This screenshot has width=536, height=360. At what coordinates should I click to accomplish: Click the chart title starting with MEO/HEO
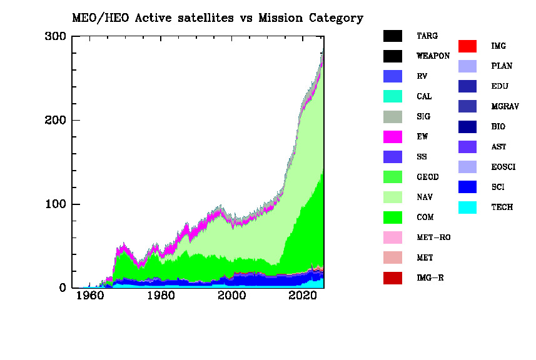click(x=216, y=18)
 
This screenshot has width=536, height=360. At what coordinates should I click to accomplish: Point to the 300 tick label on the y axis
click(x=56, y=36)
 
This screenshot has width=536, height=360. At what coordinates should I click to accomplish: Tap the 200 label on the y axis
click(x=56, y=120)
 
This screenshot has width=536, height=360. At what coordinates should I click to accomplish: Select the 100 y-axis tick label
click(x=56, y=204)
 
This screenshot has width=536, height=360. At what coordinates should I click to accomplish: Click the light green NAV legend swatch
click(x=392, y=197)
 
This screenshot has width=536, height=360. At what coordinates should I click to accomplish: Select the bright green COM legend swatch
click(x=392, y=217)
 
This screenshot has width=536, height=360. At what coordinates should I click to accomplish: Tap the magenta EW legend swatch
click(x=392, y=137)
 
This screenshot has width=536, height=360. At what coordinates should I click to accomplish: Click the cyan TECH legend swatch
click(x=467, y=207)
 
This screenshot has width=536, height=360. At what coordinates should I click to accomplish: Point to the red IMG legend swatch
click(x=467, y=46)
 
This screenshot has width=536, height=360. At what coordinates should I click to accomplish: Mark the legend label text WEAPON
click(x=433, y=56)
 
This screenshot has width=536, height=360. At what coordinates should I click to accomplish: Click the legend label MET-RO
click(x=433, y=237)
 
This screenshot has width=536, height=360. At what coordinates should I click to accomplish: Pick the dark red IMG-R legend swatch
click(x=392, y=278)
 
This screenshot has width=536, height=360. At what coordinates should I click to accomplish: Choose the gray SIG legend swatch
click(x=392, y=117)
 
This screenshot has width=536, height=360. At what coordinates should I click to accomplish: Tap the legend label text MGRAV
click(x=505, y=107)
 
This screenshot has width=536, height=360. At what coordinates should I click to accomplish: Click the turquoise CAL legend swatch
click(x=392, y=97)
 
